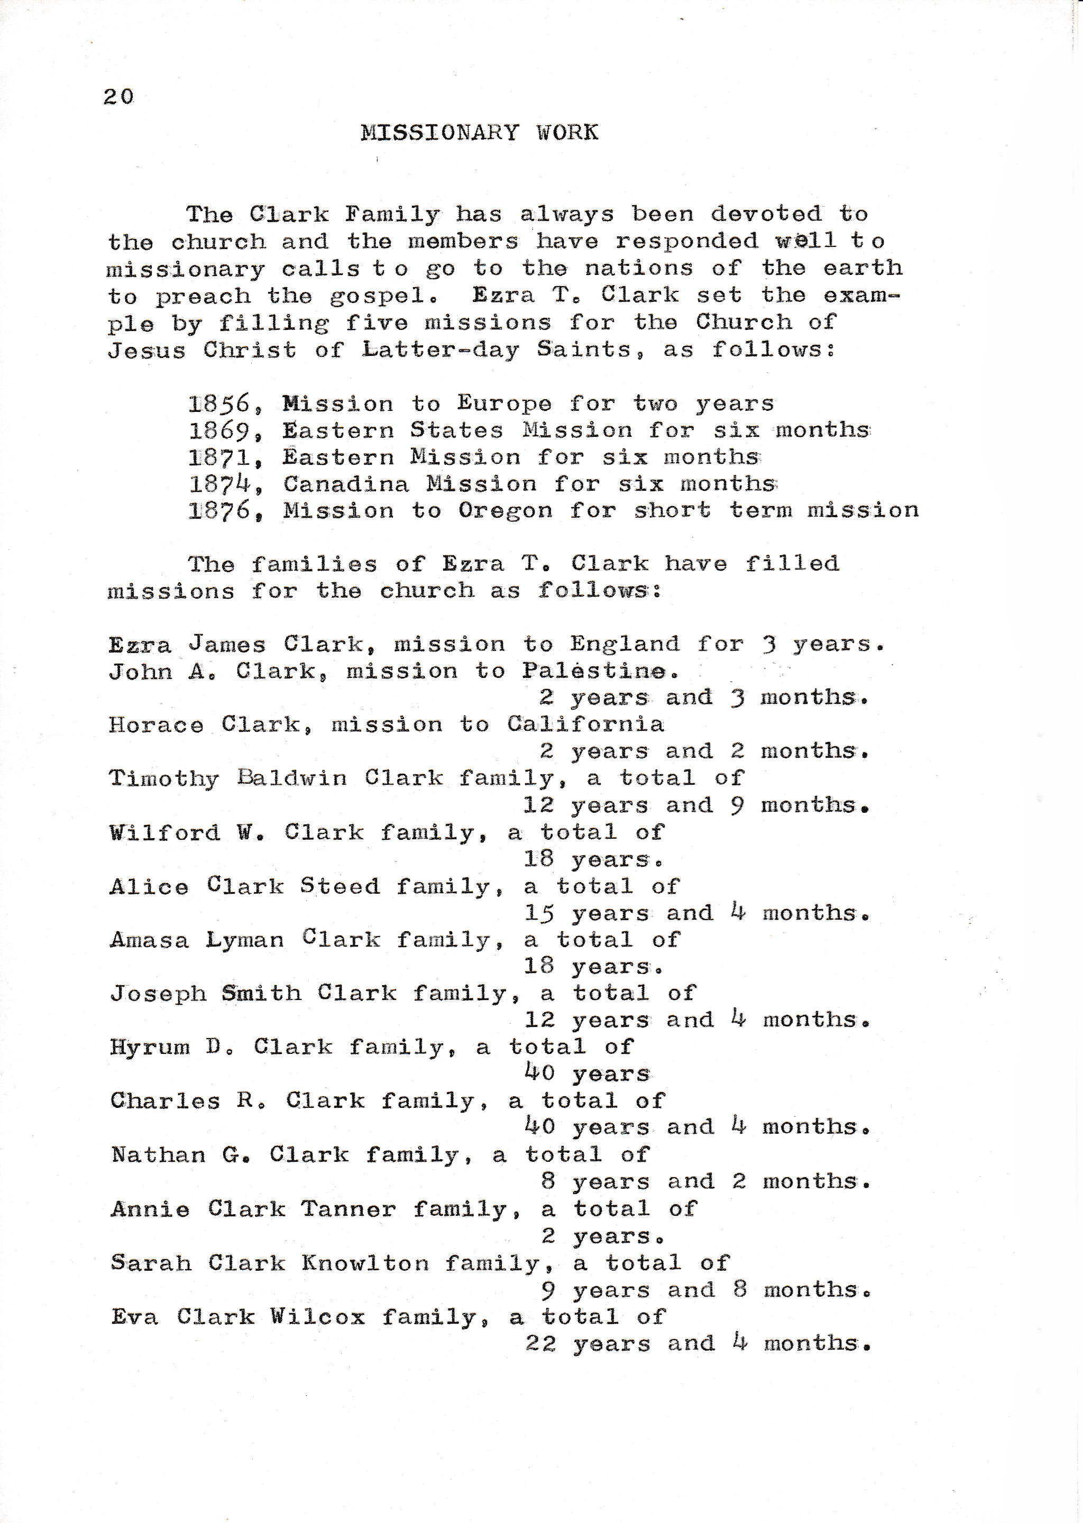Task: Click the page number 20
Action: (118, 97)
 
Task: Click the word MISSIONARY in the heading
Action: (439, 133)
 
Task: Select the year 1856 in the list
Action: (219, 403)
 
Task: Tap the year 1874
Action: (219, 483)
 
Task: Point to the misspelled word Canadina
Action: (345, 484)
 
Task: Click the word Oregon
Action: (506, 511)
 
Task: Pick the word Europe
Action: (504, 404)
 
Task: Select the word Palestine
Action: (594, 671)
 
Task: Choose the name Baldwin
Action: (292, 778)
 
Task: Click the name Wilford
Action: (164, 833)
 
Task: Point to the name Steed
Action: (340, 886)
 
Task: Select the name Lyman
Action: (245, 940)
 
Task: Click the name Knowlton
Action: (365, 1263)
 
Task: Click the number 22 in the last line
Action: (540, 1343)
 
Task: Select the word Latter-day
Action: (440, 350)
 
